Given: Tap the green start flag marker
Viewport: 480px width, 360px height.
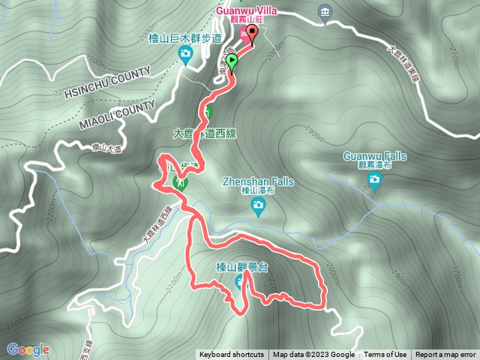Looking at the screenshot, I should point(232,61).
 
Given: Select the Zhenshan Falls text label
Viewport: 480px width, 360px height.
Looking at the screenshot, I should point(256,181).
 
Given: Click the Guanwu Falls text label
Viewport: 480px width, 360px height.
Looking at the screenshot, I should point(374,155).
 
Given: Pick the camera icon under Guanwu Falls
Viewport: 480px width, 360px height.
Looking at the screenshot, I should point(374,178).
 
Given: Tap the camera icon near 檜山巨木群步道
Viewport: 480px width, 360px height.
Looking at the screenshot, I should point(185,52).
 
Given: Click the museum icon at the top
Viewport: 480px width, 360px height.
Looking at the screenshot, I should point(324,13).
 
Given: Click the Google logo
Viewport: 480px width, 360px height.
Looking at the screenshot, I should point(28,349).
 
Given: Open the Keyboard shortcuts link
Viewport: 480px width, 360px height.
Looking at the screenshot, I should point(231,355).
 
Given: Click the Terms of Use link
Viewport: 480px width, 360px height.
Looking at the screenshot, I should point(385,355).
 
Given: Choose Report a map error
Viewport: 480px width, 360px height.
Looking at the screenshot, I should point(445,355).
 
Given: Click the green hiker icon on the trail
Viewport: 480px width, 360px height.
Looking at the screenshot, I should point(180,183).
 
